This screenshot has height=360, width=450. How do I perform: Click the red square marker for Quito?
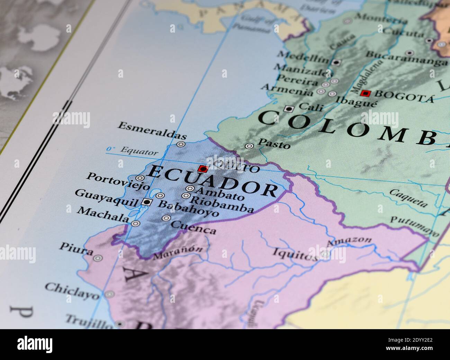pos(202,169)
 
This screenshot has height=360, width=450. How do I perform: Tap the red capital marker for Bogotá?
pos(365,93)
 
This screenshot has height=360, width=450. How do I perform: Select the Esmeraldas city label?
pos(152,130)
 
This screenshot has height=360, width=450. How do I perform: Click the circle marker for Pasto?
pos(249,146)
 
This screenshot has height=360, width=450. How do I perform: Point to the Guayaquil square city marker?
pos(147,202)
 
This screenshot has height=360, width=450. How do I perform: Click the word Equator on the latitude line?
pos(139,151)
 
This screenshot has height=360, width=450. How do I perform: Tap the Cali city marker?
pos(288,109)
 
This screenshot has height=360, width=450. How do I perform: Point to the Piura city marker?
pos(98,258)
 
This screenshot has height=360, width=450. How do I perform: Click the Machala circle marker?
pos(136,223)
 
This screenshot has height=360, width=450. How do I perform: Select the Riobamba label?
pos(222,205)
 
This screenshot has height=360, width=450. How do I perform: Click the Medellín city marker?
pos(336,62)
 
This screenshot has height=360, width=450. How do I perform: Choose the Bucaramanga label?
pos(406,59)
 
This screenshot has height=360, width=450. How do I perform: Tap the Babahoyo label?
pos(188,208)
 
